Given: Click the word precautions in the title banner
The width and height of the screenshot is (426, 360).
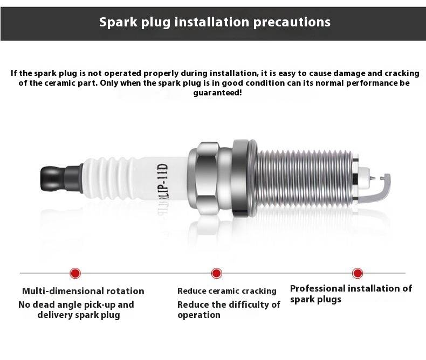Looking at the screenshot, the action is [292, 22].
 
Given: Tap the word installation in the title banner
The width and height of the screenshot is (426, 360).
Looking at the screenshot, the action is [211, 22].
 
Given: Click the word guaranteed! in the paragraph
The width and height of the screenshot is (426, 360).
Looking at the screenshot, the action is [217, 93].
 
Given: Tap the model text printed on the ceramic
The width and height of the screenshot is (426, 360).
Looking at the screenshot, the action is [163, 183].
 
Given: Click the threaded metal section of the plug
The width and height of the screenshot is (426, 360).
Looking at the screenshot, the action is [305, 177].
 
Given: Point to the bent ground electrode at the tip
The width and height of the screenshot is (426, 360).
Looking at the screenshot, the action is [385, 188].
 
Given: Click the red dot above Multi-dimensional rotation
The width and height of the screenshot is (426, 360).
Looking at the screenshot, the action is [75, 273].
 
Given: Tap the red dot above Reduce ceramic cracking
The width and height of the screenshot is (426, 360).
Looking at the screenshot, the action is [217, 273].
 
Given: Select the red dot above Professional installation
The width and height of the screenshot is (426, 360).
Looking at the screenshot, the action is [358, 273].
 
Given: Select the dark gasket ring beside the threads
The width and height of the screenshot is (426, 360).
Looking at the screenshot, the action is [241, 178].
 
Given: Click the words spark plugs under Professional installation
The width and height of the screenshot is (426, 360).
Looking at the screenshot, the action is [315, 300].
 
